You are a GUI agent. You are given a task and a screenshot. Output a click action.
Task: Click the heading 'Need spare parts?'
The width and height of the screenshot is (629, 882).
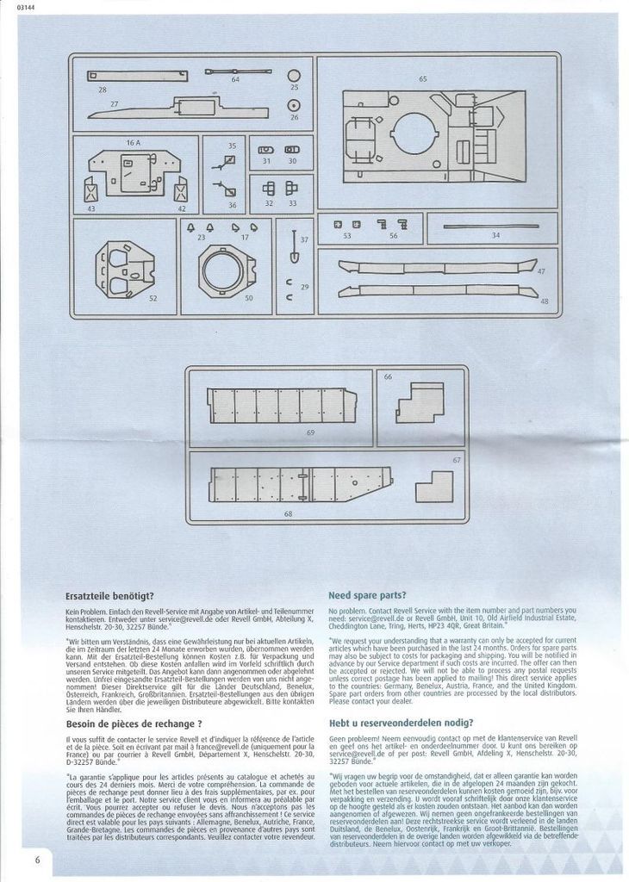click(x=368, y=595)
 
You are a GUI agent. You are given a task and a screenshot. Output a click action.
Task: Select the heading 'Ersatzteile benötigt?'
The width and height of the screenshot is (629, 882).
click(x=109, y=595)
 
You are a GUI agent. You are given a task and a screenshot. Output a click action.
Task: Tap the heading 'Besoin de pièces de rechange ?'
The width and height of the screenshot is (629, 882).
click(x=134, y=724)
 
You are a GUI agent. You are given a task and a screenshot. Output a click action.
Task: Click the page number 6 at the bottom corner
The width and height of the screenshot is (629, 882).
click(x=37, y=836)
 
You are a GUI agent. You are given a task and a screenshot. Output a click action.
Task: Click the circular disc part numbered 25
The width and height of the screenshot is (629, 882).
click(x=294, y=75)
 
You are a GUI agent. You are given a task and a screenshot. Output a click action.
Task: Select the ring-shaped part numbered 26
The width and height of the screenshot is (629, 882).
click(x=294, y=105)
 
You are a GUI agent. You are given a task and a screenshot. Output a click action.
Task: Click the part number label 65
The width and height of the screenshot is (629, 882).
click(x=423, y=78)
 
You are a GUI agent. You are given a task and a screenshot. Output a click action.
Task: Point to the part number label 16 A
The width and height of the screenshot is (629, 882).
click(x=134, y=141)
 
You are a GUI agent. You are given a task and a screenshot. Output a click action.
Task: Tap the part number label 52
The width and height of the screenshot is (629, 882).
click(x=153, y=298)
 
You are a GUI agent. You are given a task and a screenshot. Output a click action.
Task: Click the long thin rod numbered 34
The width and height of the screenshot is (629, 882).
click(x=483, y=227)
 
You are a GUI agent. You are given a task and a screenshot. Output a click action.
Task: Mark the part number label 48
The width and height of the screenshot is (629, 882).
click(x=544, y=301)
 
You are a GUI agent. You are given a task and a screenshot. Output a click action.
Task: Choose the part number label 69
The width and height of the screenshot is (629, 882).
click(x=309, y=432)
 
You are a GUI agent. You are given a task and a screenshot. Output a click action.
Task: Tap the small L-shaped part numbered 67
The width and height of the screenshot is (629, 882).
click(x=433, y=488)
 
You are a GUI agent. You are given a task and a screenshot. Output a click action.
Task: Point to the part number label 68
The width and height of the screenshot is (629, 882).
click(x=287, y=514)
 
